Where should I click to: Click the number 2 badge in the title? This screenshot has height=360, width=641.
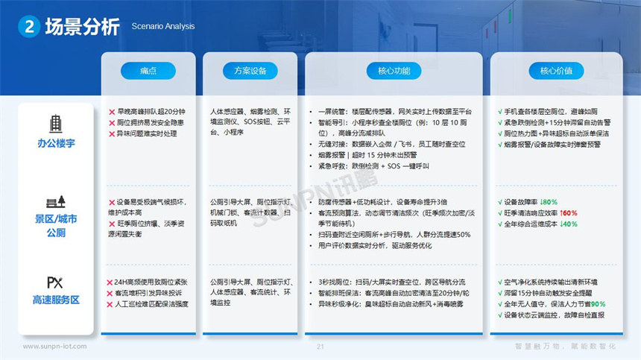28,27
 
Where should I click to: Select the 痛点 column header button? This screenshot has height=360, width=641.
148,71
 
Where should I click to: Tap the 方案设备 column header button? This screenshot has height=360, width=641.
250,71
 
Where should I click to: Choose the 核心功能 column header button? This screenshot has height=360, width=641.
388,71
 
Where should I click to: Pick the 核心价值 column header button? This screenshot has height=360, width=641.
556,71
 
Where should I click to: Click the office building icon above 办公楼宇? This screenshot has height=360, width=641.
56,124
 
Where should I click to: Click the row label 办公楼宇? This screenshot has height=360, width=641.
56,142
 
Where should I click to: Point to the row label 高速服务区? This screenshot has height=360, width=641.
56,300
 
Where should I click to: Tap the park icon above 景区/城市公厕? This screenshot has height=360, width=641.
56,201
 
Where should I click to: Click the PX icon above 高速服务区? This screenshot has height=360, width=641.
55,282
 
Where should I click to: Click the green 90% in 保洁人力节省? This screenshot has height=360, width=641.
598,304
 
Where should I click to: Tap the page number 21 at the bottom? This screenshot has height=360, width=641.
320,347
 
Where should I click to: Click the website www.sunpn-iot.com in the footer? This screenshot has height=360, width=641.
54,347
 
